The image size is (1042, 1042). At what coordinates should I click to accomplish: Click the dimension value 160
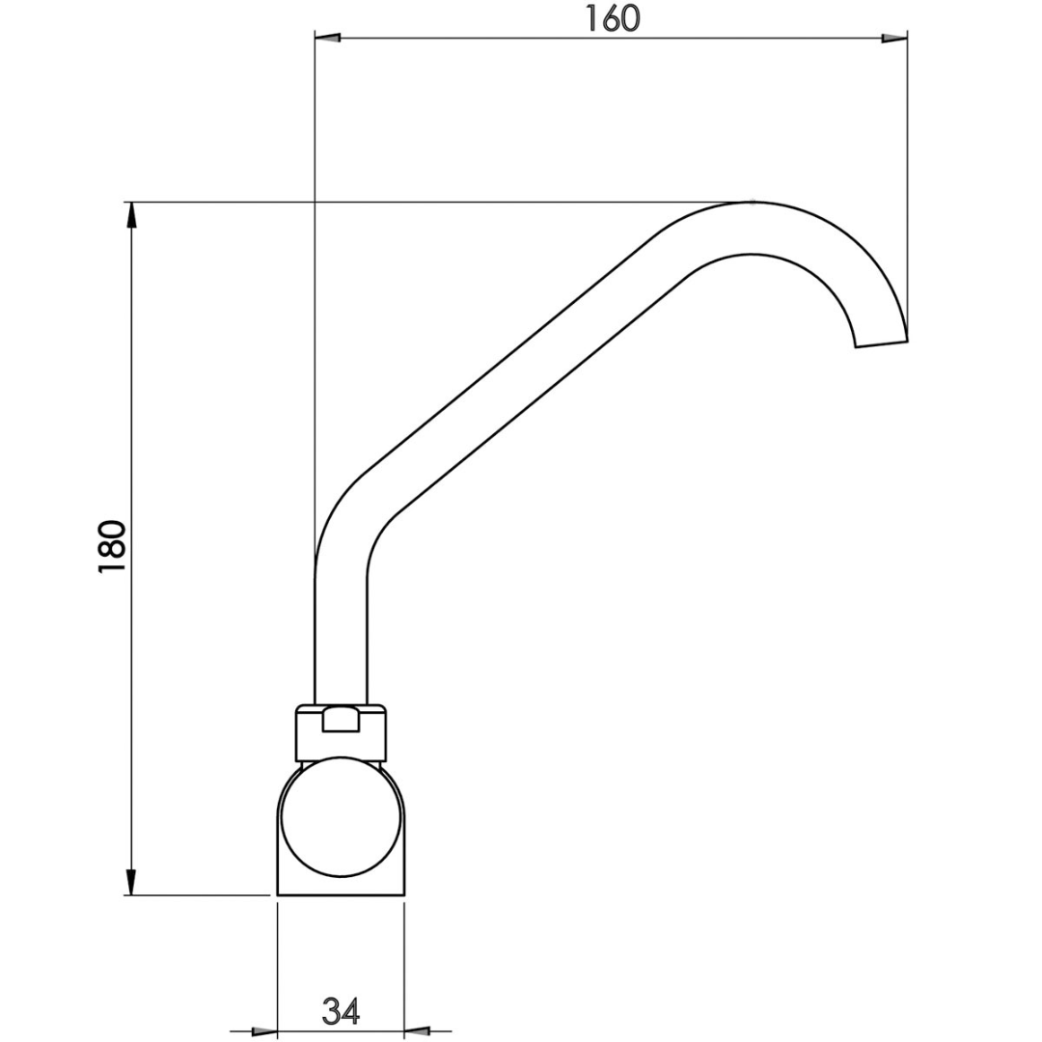click(613, 17)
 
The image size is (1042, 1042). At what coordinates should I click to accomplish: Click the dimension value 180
click(113, 546)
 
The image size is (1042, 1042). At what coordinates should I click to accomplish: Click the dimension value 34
click(341, 1011)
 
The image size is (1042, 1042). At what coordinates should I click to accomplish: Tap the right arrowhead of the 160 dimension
click(895, 39)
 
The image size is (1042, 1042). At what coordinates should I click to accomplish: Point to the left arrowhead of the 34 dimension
click(264, 1031)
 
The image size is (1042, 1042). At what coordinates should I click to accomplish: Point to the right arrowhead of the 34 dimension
click(416, 1031)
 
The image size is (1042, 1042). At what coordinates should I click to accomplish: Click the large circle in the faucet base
click(340, 817)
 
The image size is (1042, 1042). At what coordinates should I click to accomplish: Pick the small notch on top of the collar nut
click(340, 719)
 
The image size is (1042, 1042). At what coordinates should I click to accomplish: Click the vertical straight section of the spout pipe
click(341, 637)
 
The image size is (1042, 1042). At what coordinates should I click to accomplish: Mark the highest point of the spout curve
click(753, 204)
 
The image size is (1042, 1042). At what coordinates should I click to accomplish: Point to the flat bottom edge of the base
click(340, 894)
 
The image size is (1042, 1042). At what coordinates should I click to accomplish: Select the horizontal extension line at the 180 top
click(434, 202)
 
